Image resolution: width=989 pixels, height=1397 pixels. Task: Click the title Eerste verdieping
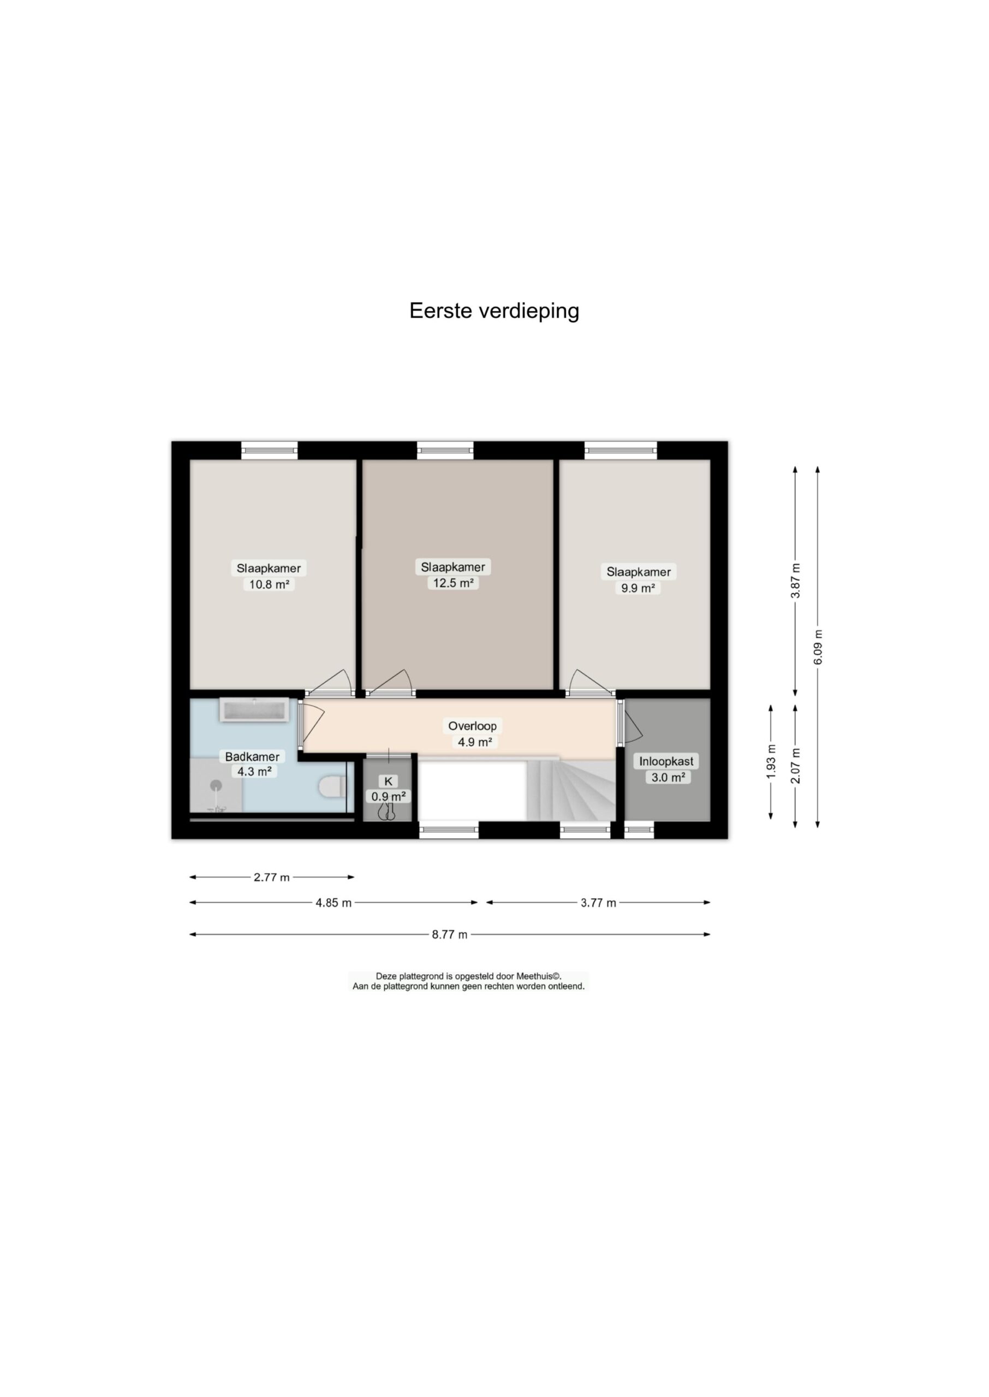click(x=494, y=311)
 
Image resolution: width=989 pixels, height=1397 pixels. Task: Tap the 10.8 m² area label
click(x=269, y=585)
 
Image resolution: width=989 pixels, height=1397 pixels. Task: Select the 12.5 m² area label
click(x=453, y=583)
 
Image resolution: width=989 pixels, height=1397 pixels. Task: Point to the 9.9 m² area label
click(x=638, y=588)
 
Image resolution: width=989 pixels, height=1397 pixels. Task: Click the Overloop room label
click(x=473, y=726)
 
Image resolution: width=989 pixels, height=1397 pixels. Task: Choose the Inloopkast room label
click(x=666, y=761)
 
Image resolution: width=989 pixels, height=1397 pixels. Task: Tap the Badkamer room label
click(x=252, y=757)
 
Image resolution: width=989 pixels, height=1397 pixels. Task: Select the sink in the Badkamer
click(x=254, y=711)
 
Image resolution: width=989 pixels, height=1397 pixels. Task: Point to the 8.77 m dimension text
click(x=449, y=934)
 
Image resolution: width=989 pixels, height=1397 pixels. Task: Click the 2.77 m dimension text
click(x=272, y=877)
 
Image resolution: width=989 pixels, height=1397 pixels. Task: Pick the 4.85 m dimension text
click(x=333, y=903)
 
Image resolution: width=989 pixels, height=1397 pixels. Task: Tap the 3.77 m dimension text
click(x=598, y=903)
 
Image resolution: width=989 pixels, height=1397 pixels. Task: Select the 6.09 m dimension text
click(x=818, y=647)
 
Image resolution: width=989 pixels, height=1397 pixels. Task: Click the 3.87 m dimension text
click(x=795, y=580)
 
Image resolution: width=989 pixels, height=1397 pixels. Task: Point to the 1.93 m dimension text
click(x=771, y=761)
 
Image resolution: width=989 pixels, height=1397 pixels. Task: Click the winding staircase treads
click(x=573, y=790)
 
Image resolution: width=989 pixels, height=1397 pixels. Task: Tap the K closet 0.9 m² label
click(x=389, y=789)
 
